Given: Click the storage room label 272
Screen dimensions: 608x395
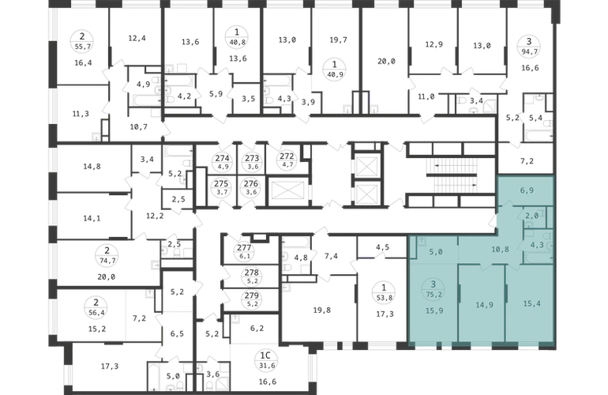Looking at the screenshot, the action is click(x=287, y=156).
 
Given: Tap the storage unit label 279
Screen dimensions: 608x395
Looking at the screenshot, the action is click(x=252, y=295).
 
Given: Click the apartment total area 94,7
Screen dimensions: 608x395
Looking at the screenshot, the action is click(x=528, y=51).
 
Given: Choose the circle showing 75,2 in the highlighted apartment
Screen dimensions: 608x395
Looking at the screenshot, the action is click(x=434, y=290).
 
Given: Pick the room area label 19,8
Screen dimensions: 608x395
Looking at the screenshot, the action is click(x=322, y=310).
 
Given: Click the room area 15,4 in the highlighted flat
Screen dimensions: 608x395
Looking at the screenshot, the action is click(x=531, y=303).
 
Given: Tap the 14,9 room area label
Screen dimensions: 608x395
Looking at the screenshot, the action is click(x=484, y=305).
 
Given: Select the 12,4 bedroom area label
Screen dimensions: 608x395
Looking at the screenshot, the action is click(x=137, y=38).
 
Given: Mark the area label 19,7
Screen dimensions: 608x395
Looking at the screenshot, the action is click(x=338, y=39).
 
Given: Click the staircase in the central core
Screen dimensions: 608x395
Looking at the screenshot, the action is click(x=452, y=175).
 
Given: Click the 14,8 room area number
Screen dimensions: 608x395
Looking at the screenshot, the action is click(x=92, y=166).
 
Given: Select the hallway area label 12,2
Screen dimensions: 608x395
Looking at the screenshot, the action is click(x=155, y=216).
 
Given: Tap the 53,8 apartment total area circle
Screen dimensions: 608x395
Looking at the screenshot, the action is click(x=384, y=292).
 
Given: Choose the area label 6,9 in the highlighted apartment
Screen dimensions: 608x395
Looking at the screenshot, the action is click(x=527, y=190).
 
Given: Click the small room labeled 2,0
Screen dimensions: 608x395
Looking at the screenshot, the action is click(x=531, y=216).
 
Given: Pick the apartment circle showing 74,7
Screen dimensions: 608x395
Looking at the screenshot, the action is click(x=107, y=256).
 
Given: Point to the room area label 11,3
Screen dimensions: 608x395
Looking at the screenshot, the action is click(x=81, y=114).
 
